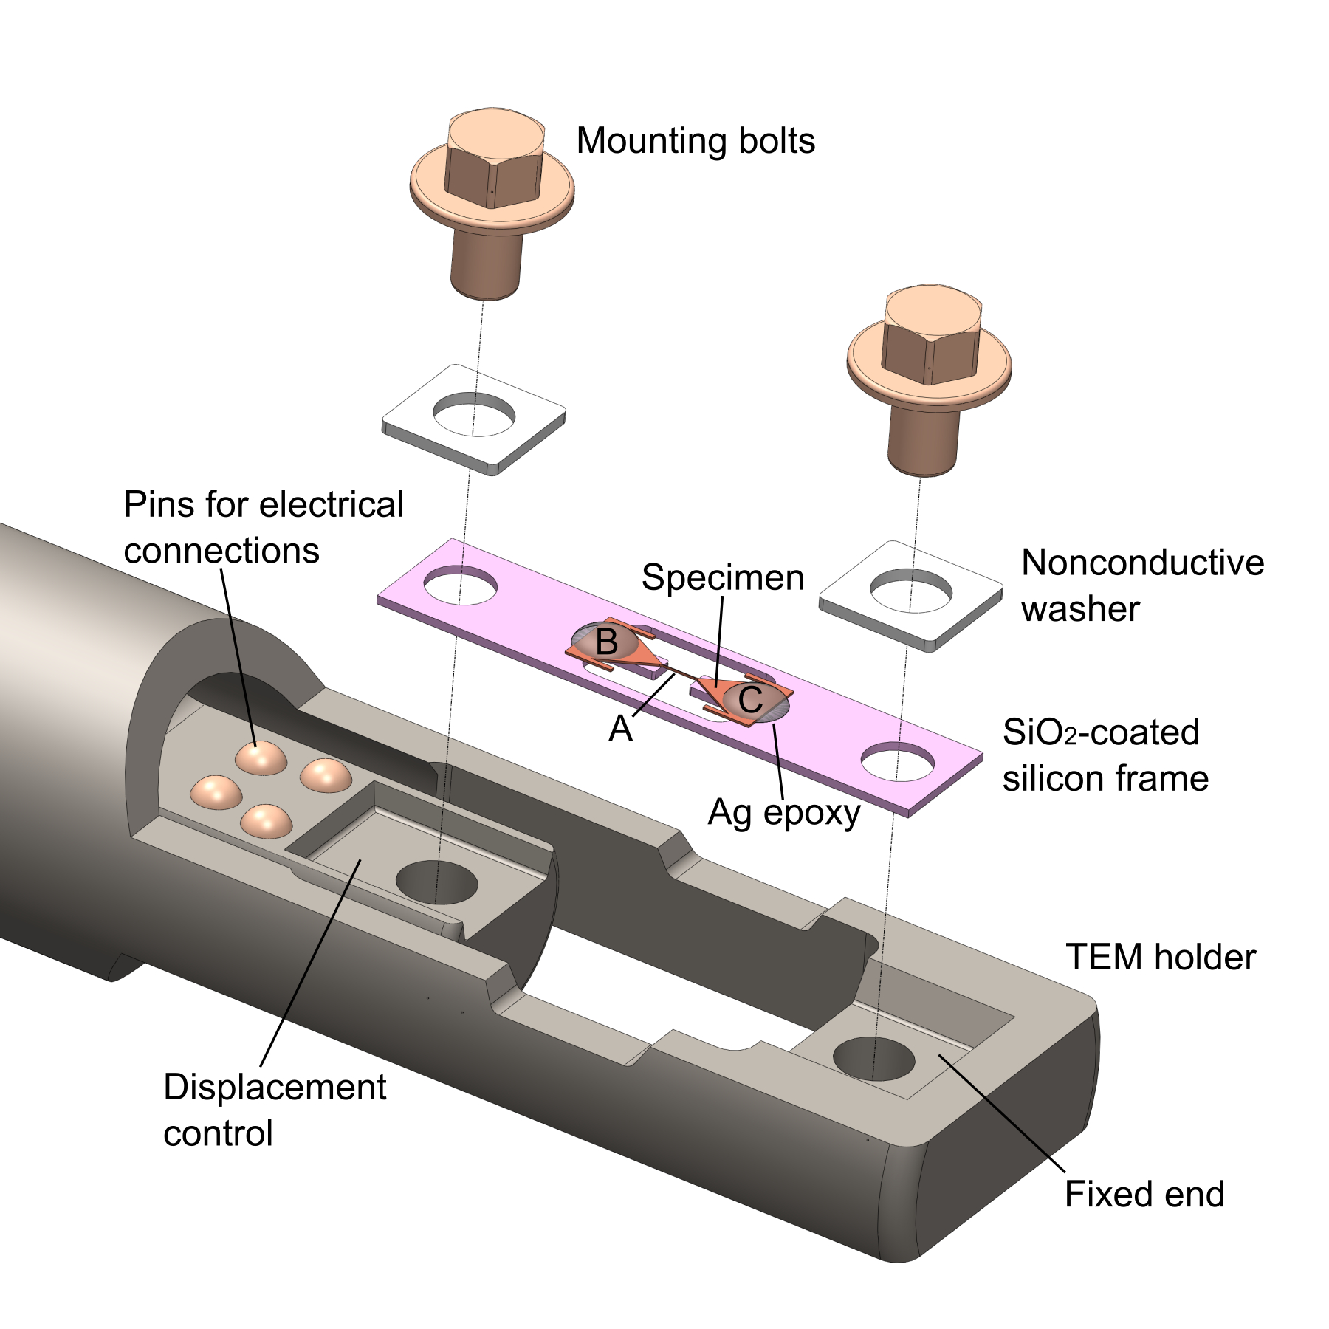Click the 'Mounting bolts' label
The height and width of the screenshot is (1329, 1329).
click(696, 141)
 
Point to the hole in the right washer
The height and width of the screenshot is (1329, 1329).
click(911, 591)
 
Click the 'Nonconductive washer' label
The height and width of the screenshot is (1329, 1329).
click(1142, 585)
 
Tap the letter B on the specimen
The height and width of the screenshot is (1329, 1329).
click(607, 642)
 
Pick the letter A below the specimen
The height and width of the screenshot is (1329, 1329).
click(620, 729)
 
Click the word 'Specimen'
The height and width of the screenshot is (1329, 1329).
click(723, 577)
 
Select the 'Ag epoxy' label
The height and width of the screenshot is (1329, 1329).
click(784, 814)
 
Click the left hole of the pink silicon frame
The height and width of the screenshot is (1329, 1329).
click(460, 585)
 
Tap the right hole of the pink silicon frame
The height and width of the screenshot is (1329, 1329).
click(898, 761)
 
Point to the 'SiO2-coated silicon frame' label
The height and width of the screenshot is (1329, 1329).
click(1105, 755)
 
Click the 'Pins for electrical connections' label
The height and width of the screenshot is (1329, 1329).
click(264, 527)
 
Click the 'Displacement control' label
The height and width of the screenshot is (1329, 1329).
click(275, 1110)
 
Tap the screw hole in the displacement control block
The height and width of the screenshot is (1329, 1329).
click(437, 882)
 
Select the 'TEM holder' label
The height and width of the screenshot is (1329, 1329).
click(1161, 958)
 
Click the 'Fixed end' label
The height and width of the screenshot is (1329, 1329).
click(1144, 1194)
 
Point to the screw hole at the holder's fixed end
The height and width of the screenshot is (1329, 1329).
click(874, 1058)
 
